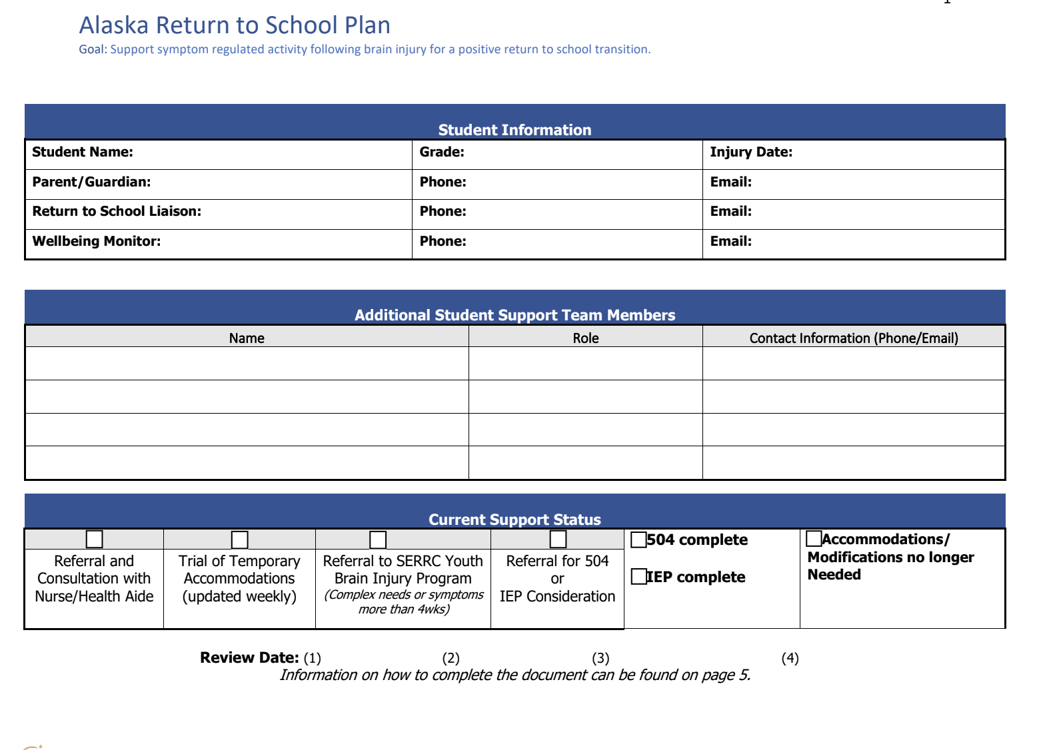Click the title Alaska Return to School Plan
click(x=235, y=25)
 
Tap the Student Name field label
click(x=83, y=152)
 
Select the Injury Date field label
click(x=751, y=152)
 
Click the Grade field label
click(x=442, y=152)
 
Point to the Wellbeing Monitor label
click(x=97, y=241)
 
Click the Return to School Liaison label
click(x=117, y=211)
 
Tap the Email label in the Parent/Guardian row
click(x=730, y=182)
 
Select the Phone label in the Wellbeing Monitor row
click(x=443, y=241)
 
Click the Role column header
click(x=586, y=338)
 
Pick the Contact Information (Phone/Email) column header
click(x=854, y=338)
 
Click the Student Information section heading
click(x=515, y=130)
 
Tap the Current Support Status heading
click(x=515, y=520)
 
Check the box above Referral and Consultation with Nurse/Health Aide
click(x=95, y=539)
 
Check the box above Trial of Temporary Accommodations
click(x=240, y=539)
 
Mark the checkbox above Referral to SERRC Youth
click(x=378, y=539)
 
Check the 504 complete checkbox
click(x=638, y=540)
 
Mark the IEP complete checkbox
click(x=638, y=576)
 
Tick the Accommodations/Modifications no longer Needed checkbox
click(x=814, y=538)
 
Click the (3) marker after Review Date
click(x=600, y=658)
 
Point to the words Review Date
click(x=249, y=657)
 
